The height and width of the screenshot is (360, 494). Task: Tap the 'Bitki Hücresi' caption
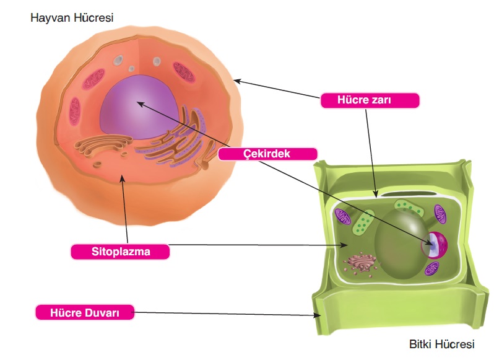pos(441,343)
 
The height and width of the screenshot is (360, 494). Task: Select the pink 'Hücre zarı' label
pos(370,100)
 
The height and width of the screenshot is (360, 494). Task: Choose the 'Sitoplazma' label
pos(119,252)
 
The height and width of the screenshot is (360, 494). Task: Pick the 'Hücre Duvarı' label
pos(85,312)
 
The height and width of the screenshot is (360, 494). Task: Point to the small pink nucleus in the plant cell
pos(434,244)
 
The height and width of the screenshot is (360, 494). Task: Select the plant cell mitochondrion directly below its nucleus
pos(432,269)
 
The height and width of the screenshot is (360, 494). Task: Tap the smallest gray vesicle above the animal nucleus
pos(131,69)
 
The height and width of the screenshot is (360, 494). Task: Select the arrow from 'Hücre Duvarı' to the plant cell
pos(226,314)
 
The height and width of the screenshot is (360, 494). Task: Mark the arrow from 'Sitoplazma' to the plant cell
pos(254,245)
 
